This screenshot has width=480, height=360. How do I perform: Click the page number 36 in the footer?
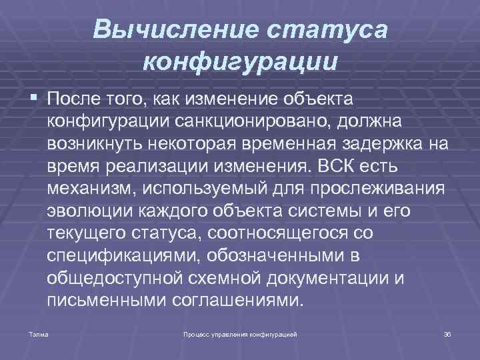pos(447,332)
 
